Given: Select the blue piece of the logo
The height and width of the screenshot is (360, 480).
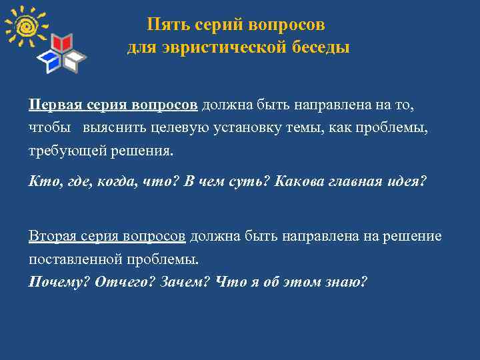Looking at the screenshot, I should [x=51, y=62].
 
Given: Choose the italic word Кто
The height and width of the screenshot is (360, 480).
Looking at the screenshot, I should [x=41, y=182].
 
